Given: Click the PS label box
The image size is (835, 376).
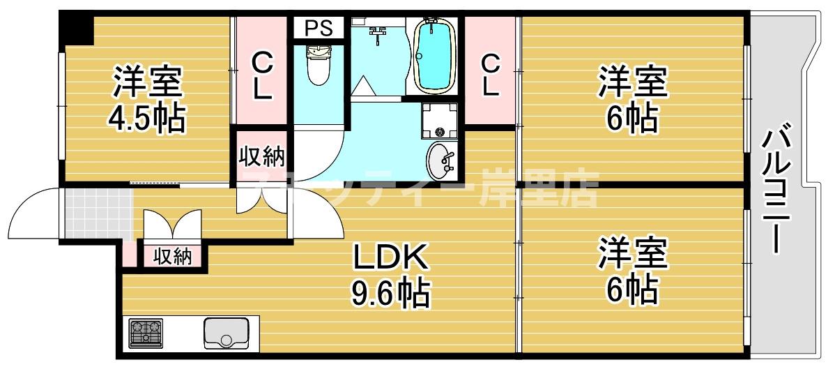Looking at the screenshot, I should [318, 29].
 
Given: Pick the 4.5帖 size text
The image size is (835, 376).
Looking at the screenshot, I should [147, 119].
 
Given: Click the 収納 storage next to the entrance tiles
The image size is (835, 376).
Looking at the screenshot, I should [172, 256].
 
